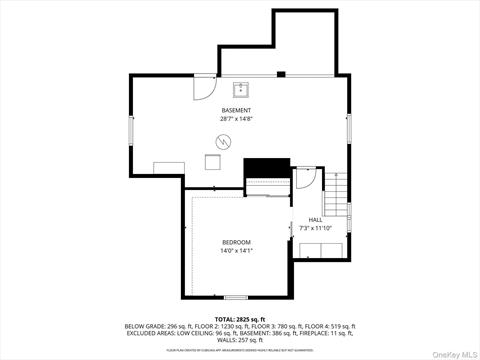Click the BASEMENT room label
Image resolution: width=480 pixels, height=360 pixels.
point(236,110)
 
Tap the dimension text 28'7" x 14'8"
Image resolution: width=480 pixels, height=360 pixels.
point(236,119)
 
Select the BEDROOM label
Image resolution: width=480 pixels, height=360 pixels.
point(236,242)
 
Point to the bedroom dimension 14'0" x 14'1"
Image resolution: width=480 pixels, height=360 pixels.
point(236,251)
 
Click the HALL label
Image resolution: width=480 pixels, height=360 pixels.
point(315,219)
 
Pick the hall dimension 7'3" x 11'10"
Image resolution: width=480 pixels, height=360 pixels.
point(315,228)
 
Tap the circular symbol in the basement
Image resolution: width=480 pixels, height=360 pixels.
point(222,143)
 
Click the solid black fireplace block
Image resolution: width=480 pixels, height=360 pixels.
point(267,166)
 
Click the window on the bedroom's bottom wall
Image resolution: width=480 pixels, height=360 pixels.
point(236,297)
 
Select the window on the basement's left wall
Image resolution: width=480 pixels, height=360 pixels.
point(130,130)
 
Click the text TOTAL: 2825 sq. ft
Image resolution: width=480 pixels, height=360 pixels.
point(240,318)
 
